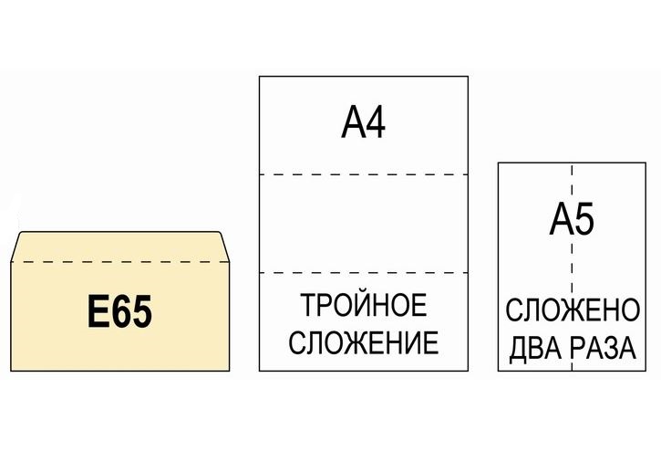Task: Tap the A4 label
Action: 363,123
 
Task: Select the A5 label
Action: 573,221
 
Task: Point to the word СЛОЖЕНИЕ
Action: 363,343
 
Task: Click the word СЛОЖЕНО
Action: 573,311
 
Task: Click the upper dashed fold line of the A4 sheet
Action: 363,173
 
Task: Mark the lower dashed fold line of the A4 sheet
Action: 363,273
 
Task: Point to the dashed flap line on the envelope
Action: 119,262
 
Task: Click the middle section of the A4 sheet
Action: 363,224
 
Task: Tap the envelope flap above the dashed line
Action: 119,247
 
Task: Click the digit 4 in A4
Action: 376,123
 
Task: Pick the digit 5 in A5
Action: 584,221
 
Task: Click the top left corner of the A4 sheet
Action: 260,77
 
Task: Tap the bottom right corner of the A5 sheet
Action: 646,371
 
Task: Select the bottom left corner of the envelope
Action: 12,370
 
